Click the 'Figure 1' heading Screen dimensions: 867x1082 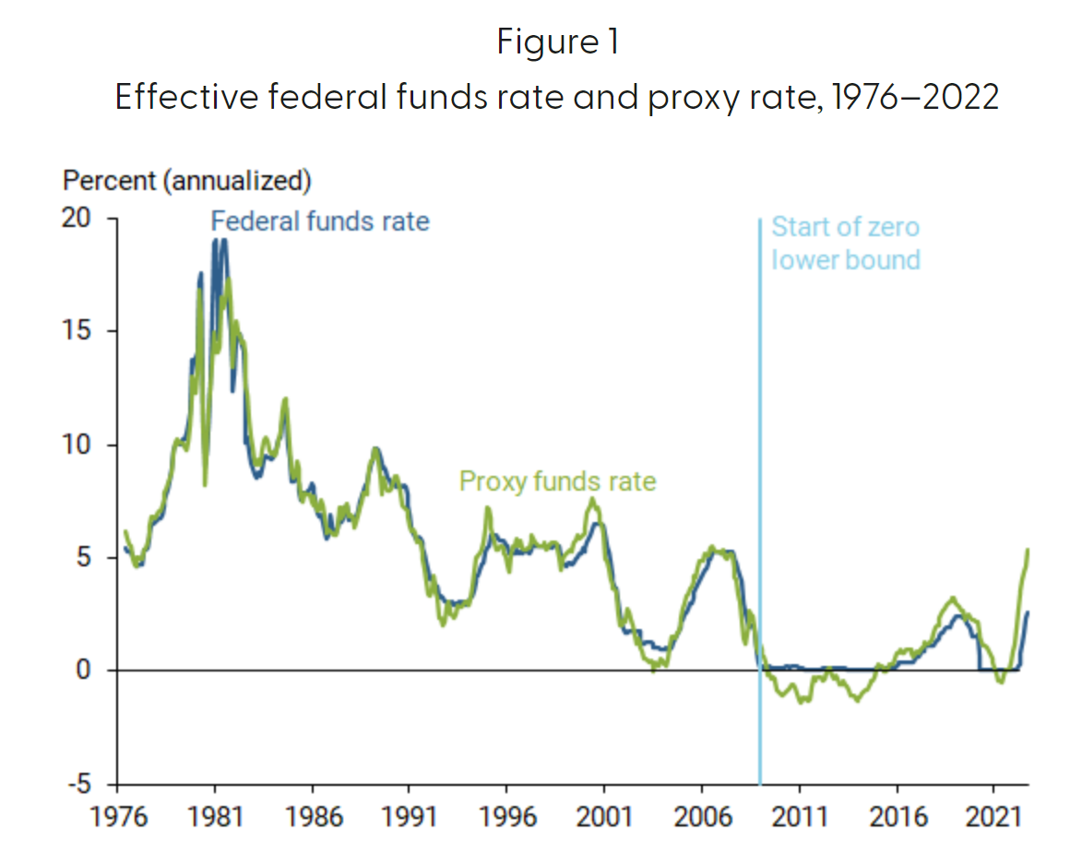[x=557, y=43]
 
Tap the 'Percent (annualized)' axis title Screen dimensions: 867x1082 [x=186, y=181]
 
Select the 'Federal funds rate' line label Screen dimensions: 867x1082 [x=320, y=221]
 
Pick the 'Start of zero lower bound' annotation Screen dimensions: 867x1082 [x=845, y=243]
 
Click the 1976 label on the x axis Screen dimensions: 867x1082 [x=117, y=816]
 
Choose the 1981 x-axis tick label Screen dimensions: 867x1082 [x=215, y=816]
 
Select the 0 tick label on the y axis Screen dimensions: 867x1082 [x=84, y=671]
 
